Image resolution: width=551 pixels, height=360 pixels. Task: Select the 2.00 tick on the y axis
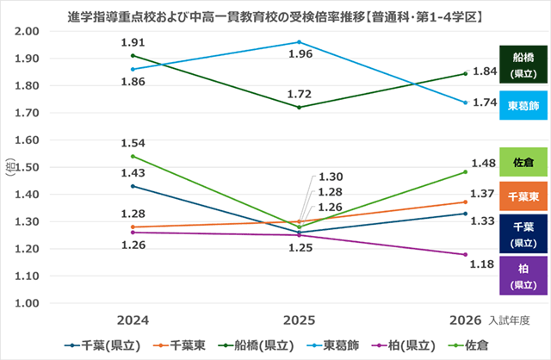tap(28, 32)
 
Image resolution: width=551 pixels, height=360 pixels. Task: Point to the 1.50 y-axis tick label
tap(28, 167)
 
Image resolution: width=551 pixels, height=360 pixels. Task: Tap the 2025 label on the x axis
tap(299, 320)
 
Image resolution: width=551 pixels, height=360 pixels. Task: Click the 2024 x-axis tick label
tap(133, 320)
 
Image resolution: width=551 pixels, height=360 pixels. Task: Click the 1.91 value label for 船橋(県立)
tap(133, 42)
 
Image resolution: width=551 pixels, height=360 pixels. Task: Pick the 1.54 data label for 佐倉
tap(133, 142)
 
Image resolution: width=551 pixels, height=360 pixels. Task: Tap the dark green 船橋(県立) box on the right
tap(523, 65)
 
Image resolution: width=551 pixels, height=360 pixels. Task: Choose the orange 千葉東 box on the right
tap(523, 196)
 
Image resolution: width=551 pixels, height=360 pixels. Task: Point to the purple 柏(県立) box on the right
tap(523, 276)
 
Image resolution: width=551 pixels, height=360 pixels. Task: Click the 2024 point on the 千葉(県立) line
tap(133, 186)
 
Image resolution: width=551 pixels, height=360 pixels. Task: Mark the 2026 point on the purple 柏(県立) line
tap(465, 254)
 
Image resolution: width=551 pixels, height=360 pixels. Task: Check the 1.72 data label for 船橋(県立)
tap(300, 92)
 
